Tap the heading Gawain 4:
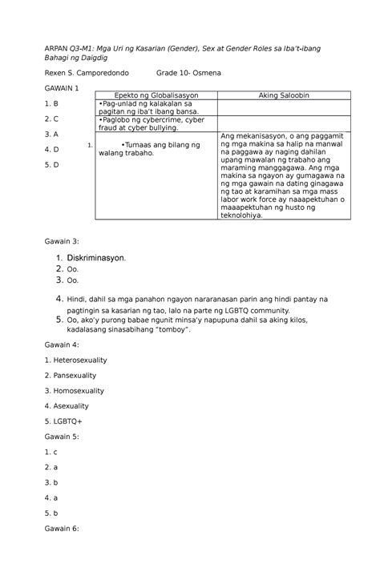[x=63, y=343]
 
